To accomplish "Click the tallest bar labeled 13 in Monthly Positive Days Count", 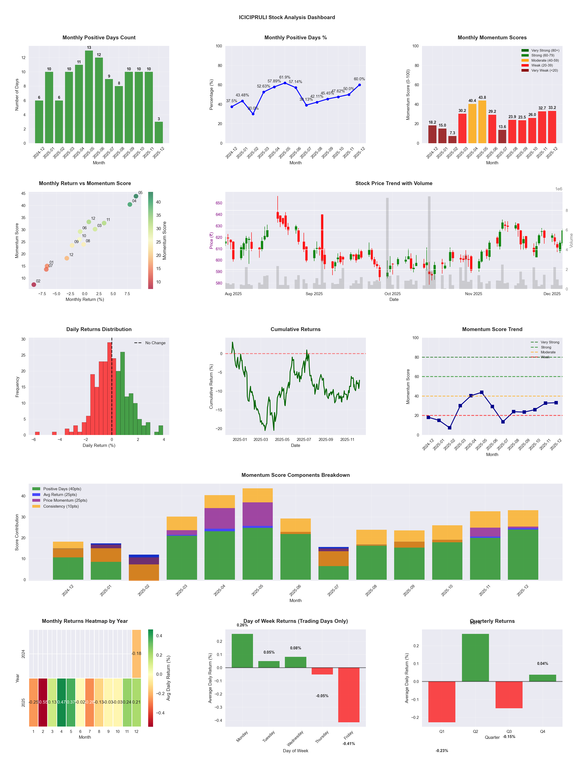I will pyautogui.click(x=89, y=97).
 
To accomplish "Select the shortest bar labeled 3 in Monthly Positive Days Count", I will pyautogui.click(x=159, y=132).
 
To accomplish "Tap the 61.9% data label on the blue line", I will pyautogui.click(x=285, y=78).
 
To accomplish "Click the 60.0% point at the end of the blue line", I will pyautogui.click(x=359, y=85).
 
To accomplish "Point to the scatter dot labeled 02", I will pyautogui.click(x=34, y=285).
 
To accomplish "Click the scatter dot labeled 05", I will pyautogui.click(x=136, y=196).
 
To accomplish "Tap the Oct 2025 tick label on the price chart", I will pyautogui.click(x=392, y=294).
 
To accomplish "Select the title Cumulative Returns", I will pyautogui.click(x=296, y=329).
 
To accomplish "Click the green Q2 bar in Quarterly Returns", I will pyautogui.click(x=475, y=657).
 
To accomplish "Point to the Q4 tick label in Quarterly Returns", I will pyautogui.click(x=543, y=731).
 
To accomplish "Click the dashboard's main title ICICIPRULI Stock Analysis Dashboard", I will pyautogui.click(x=287, y=17).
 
